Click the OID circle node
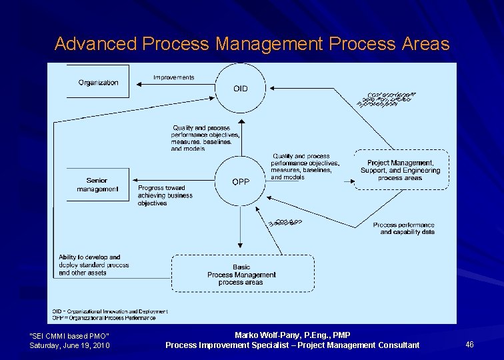[x=240, y=88]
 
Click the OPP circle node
[x=240, y=181]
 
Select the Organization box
[x=98, y=82]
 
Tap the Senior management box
[x=97, y=185]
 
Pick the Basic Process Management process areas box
[x=242, y=274]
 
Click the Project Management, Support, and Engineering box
[x=400, y=170]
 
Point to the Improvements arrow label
[x=173, y=77]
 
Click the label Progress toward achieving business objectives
[x=165, y=195]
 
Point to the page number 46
[x=469, y=344]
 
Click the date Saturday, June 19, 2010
[x=70, y=345]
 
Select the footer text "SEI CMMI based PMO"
[x=70, y=335]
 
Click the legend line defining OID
[x=110, y=311]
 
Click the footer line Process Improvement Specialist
[x=292, y=345]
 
